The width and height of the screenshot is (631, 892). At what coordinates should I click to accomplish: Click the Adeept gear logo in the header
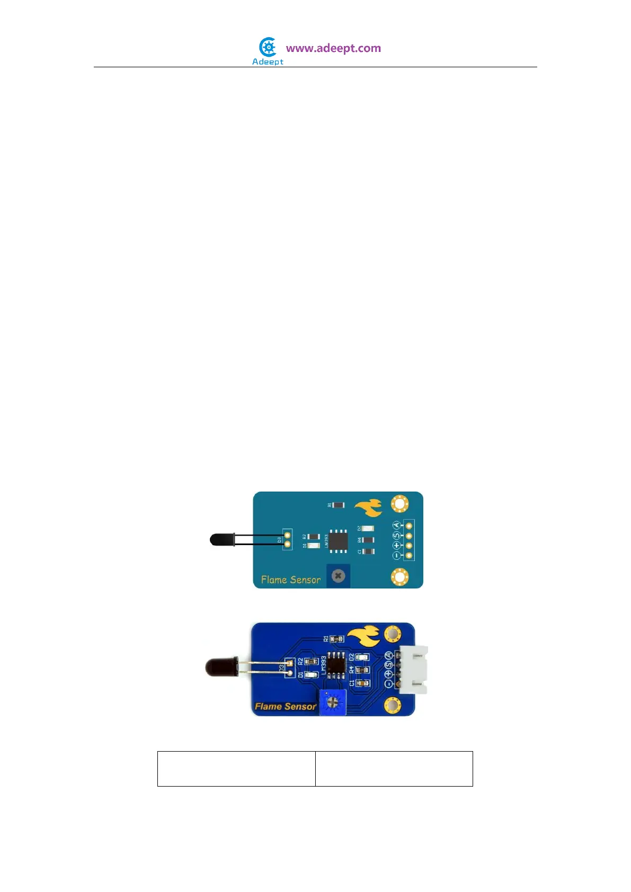click(268, 48)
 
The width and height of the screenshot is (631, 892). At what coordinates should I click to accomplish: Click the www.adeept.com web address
click(333, 48)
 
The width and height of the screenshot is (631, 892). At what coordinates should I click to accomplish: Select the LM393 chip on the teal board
click(339, 540)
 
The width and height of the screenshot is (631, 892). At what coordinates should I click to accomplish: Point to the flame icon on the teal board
click(369, 508)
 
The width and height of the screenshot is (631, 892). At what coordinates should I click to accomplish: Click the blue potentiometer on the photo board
click(333, 702)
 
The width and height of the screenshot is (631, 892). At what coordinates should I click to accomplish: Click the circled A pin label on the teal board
click(396, 525)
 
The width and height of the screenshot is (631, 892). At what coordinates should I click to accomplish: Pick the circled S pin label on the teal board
click(396, 536)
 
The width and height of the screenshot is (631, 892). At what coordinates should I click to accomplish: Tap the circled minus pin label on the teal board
click(396, 556)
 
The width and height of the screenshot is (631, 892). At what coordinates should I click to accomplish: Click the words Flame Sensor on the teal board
click(290, 580)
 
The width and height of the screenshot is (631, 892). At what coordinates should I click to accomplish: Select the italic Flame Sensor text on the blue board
click(285, 706)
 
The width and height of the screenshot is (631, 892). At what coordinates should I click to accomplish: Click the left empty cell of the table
click(236, 769)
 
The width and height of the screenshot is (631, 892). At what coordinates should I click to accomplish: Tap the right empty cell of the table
click(394, 769)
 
